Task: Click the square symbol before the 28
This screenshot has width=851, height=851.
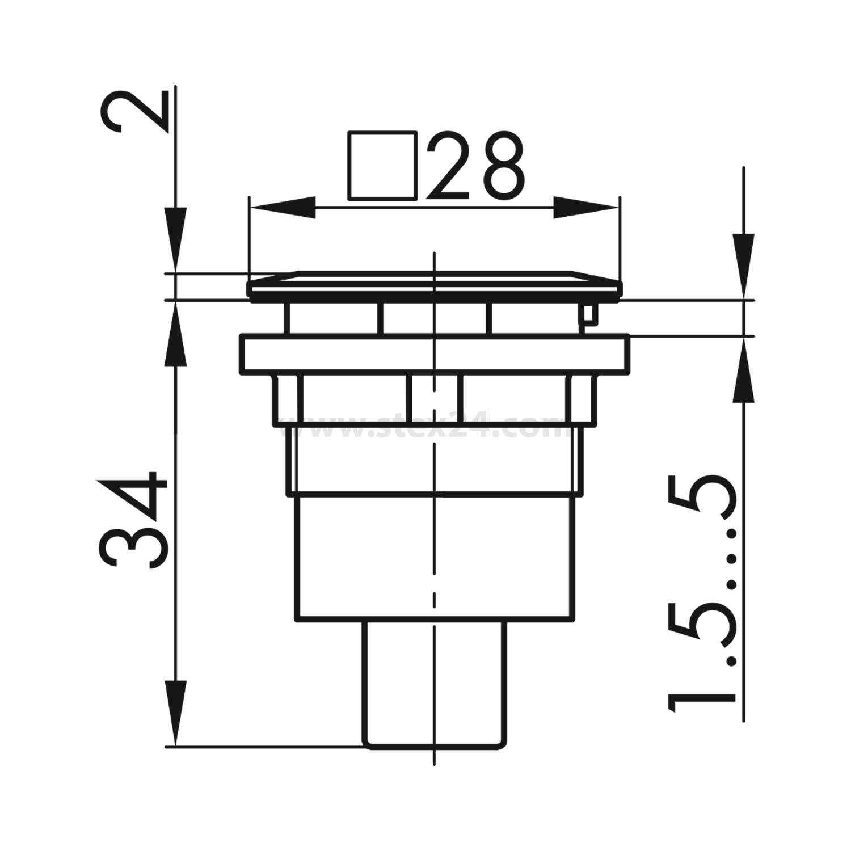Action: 382,166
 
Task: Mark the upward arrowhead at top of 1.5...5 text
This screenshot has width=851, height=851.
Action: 743,372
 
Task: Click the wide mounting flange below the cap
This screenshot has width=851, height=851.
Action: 434,355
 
